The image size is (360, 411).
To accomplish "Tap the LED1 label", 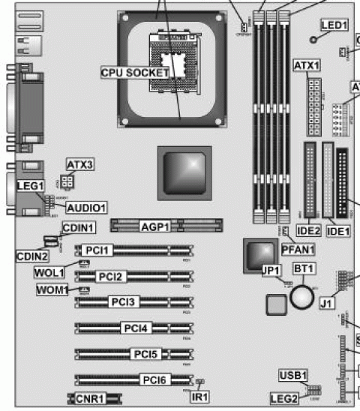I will pyautogui.click(x=334, y=25).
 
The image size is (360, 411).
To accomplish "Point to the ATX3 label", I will pyautogui.click(x=79, y=164).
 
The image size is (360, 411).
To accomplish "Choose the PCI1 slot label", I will pyautogui.click(x=98, y=250).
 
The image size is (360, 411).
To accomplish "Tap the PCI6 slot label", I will pyautogui.click(x=154, y=379).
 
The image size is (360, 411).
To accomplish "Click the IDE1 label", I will pyautogui.click(x=337, y=231).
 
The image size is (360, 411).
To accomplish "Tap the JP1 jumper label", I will pyautogui.click(x=270, y=271).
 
